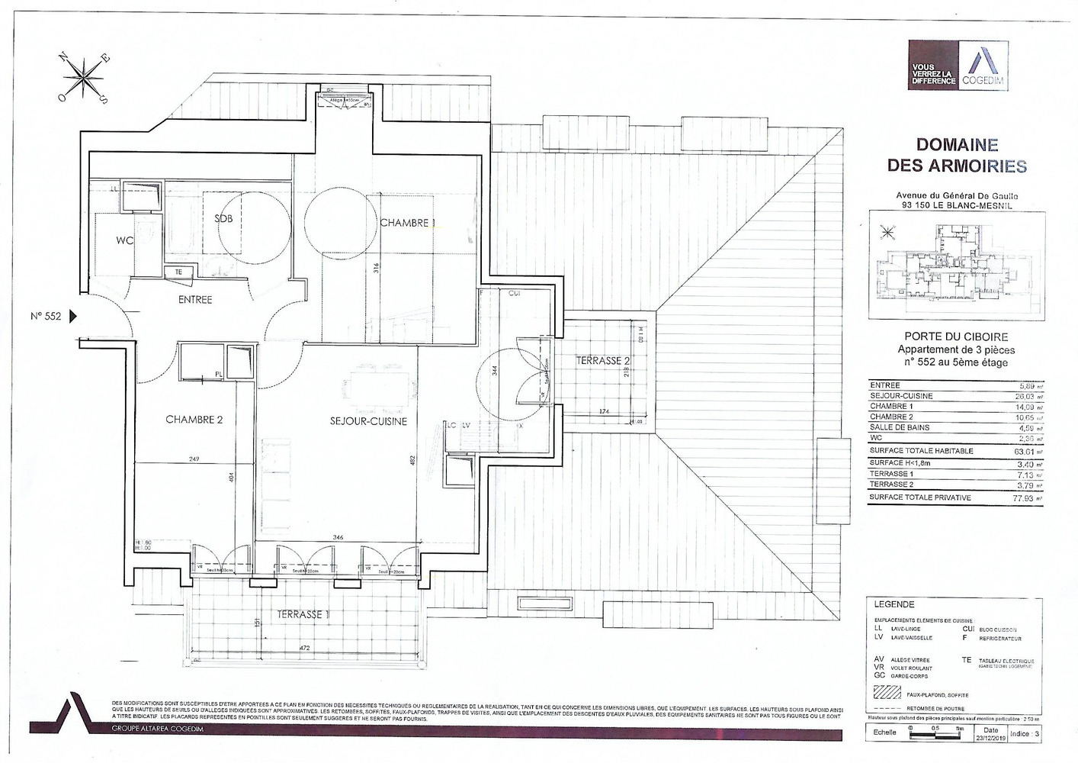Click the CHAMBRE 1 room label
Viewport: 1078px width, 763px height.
coord(409,223)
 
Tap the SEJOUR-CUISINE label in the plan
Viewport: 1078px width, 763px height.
coord(368,421)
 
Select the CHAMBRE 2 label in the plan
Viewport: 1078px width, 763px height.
coord(194,420)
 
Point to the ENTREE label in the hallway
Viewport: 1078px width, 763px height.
coord(195,300)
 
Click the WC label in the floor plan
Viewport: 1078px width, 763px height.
coord(125,240)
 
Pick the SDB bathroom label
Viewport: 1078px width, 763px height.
coord(223,219)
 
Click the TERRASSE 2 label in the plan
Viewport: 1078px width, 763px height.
coord(602,360)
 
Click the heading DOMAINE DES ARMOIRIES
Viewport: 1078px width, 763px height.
coord(957,155)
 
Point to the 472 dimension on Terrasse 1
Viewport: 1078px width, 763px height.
coord(303,648)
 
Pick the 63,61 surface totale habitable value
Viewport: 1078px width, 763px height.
coord(1027,451)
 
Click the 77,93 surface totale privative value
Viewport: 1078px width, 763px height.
coord(1027,497)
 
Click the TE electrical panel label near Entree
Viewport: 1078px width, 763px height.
coord(178,272)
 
